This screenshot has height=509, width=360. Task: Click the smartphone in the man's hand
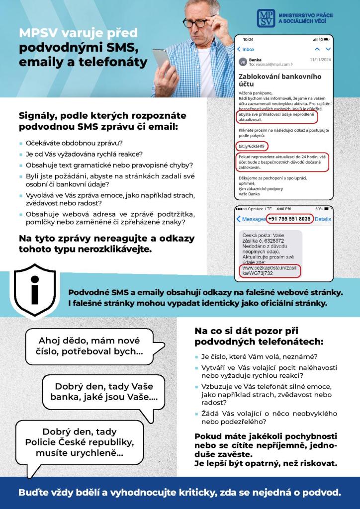pos(162,60)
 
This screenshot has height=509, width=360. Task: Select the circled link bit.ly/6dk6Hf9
pos(251,146)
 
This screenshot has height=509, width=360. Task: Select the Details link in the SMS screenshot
pos(323,219)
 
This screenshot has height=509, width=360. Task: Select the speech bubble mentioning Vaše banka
pos(104,392)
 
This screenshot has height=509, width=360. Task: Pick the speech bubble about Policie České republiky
pos(80,442)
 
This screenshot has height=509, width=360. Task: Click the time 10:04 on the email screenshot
pos(248,39)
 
